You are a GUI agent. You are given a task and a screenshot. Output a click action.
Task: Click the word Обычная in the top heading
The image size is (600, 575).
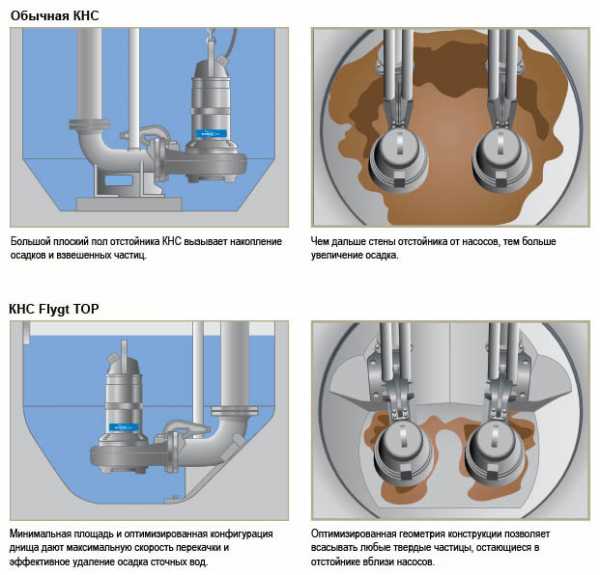click(39, 16)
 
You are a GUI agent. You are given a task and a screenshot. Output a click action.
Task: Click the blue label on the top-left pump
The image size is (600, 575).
click(211, 134)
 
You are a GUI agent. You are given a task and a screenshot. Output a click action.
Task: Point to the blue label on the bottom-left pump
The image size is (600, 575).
click(124, 427)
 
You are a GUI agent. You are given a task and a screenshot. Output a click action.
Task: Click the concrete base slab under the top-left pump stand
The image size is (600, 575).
click(129, 204)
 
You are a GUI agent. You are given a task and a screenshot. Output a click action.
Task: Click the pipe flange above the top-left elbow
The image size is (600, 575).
click(89, 124)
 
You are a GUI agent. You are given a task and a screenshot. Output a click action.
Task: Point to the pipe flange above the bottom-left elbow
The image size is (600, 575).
click(235, 412)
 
